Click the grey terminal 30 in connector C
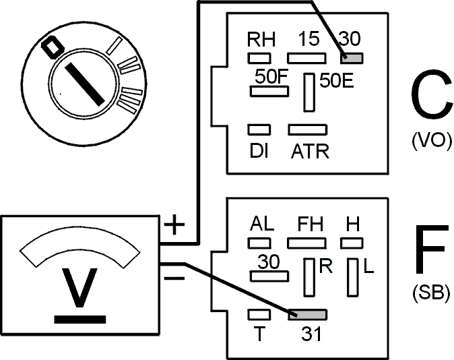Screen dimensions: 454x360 [x=352, y=58]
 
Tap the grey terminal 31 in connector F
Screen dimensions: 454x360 [x=307, y=314]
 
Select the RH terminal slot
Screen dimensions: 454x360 [x=259, y=58]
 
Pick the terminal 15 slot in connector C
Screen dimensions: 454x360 [x=306, y=58]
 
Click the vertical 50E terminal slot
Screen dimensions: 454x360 [x=309, y=92]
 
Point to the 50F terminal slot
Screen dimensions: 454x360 [x=269, y=91]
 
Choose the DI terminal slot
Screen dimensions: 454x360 [x=259, y=129]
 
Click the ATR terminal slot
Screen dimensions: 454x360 [x=307, y=129]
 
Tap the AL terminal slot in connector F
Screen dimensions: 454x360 [x=259, y=243]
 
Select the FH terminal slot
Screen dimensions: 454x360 [x=306, y=243]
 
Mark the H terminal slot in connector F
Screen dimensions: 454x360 [x=352, y=243]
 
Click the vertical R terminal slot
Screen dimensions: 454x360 [x=309, y=277]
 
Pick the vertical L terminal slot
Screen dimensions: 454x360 [x=353, y=277]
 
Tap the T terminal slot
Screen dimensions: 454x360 [x=259, y=314]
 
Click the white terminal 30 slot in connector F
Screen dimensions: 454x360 [x=269, y=276]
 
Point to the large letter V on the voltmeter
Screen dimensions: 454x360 [x=79, y=288]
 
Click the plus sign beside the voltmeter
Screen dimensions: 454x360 [x=174, y=224]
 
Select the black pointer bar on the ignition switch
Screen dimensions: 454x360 [x=85, y=84]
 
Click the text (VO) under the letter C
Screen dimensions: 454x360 [x=431, y=141]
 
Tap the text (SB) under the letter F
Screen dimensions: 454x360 [x=431, y=293]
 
